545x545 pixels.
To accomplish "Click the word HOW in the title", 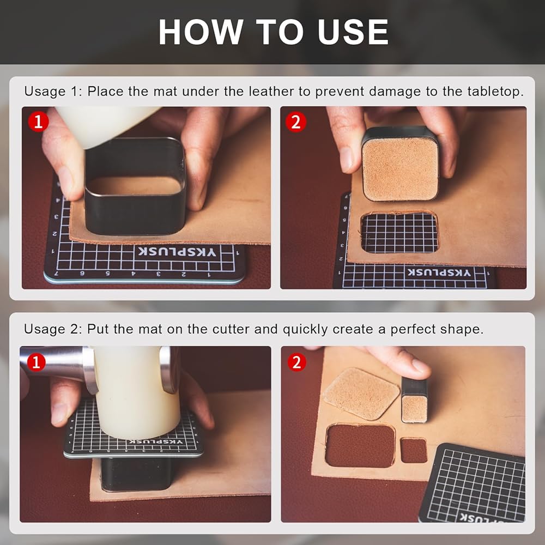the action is pyautogui.click(x=201, y=32).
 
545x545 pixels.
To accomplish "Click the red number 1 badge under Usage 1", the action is pyautogui.click(x=38, y=122).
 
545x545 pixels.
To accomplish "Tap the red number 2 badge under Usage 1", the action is pyautogui.click(x=296, y=122).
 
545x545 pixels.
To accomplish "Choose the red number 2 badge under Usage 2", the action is pyautogui.click(x=296, y=362).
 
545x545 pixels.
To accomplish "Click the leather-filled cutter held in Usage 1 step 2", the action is pyautogui.click(x=399, y=163).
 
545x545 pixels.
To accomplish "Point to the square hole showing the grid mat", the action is pyautogui.click(x=399, y=232).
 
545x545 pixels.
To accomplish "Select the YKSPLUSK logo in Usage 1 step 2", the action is pyautogui.click(x=439, y=272).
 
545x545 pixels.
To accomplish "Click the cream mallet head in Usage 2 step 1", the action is pyautogui.click(x=137, y=393).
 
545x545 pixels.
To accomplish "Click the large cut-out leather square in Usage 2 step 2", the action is pyautogui.click(x=361, y=394).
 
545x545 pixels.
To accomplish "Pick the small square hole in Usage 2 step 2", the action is pyautogui.click(x=414, y=451).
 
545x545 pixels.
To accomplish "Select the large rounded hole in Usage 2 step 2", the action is pyautogui.click(x=360, y=445).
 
